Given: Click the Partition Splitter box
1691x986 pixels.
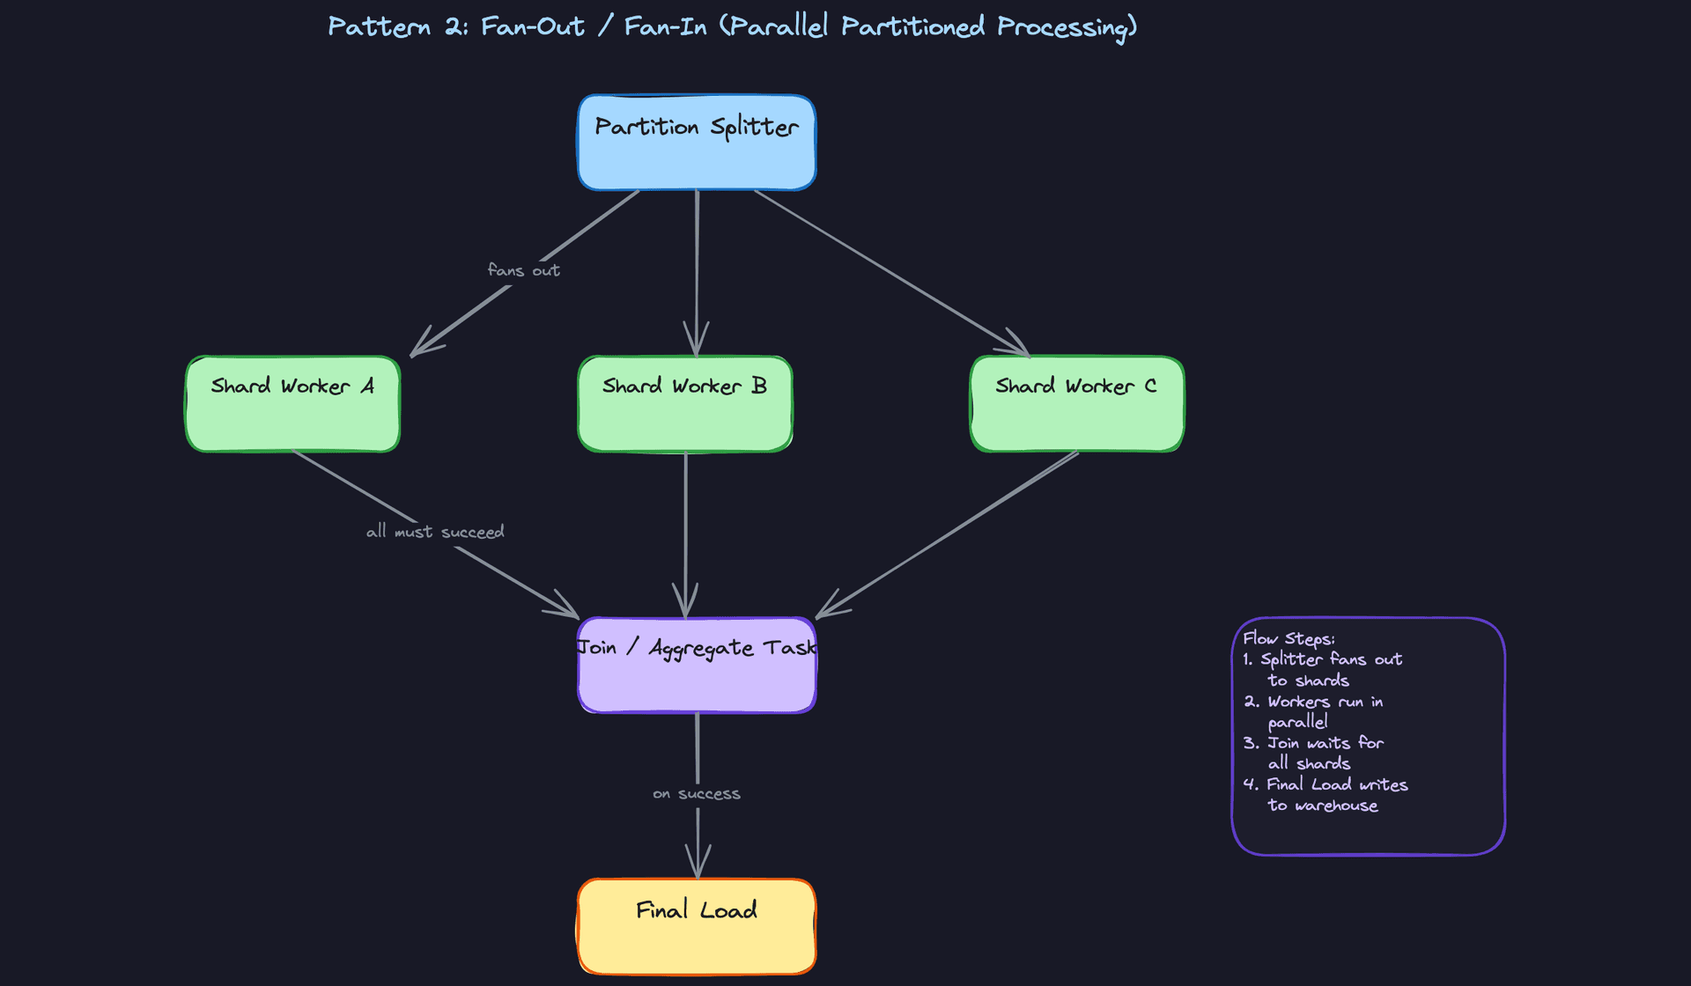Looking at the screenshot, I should pyautogui.click(x=696, y=143).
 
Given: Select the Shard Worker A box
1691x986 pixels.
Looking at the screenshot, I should pyautogui.click(x=292, y=404).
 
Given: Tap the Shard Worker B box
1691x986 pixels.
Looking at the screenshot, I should pyautogui.click(x=685, y=404).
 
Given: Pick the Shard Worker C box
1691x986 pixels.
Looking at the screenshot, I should pyautogui.click(x=1076, y=404).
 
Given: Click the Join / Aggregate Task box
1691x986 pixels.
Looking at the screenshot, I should pyautogui.click(x=696, y=666).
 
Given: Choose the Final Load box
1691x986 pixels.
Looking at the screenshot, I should pyautogui.click(x=696, y=926).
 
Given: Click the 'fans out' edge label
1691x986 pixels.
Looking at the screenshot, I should pyautogui.click(x=524, y=270).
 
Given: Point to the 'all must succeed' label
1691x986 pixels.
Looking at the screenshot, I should pyautogui.click(x=435, y=532).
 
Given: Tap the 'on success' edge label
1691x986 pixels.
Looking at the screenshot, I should pyautogui.click(x=697, y=794).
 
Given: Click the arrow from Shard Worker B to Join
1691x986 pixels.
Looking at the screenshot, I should pyautogui.click(x=686, y=528).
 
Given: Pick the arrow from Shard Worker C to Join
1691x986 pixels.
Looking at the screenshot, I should pyautogui.click(x=951, y=532).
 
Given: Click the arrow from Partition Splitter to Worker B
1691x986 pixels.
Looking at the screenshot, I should pyautogui.click(x=697, y=264).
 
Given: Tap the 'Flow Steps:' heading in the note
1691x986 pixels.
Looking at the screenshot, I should pyautogui.click(x=1289, y=639).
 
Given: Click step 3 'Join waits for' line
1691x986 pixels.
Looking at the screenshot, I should pyautogui.click(x=1313, y=743).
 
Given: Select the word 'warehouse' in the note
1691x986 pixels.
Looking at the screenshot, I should pyautogui.click(x=1336, y=806).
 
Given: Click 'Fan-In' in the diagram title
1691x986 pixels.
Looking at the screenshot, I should pyautogui.click(x=665, y=26).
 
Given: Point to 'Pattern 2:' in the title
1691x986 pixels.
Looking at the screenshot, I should pyautogui.click(x=397, y=26).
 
